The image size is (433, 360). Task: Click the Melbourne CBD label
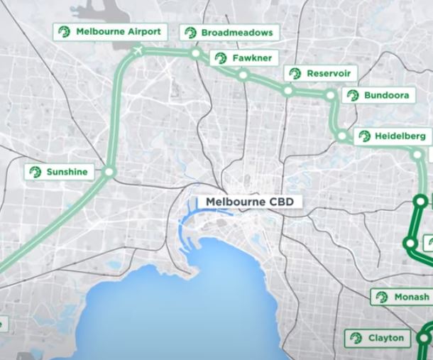point(250,202)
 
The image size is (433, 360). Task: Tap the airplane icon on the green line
point(138,50)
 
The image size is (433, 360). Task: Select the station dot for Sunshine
point(109,172)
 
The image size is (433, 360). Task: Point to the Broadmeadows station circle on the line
point(195,53)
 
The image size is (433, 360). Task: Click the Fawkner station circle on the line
point(243,75)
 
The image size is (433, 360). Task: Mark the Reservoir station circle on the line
point(287,91)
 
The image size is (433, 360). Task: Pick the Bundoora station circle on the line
point(331,95)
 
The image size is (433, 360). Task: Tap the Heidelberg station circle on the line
point(342,136)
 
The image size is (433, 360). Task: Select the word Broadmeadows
point(236,33)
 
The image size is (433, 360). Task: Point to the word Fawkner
point(251,58)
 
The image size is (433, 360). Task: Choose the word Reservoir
point(329,74)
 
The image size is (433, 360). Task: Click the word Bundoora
point(386,95)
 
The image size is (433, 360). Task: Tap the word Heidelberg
point(400,136)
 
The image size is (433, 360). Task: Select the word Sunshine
point(67,172)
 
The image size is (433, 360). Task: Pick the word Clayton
point(385,338)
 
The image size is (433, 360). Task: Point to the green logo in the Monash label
point(382,297)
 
